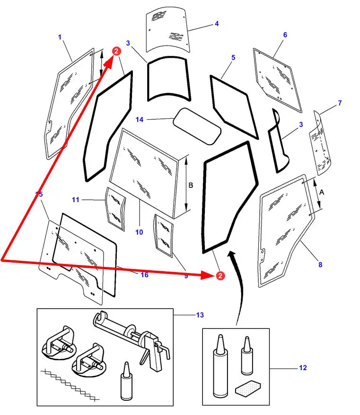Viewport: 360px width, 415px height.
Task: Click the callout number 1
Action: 60,37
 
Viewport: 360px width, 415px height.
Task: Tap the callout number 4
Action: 217,24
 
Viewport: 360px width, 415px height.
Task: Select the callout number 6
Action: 285,35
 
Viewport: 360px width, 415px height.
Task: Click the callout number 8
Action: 320,265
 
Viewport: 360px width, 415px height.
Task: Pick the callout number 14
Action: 139,120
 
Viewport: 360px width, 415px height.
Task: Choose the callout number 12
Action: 303,368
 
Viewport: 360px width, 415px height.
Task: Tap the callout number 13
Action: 200,315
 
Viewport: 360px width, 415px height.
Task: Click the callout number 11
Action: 76,200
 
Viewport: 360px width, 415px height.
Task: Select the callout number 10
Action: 139,232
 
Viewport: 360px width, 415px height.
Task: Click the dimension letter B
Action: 191,185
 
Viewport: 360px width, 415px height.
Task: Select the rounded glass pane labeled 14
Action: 197,124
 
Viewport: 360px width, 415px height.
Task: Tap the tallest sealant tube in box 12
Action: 220,369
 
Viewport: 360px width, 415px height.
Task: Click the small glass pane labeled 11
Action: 115,209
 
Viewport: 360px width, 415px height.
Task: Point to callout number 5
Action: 233,58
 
